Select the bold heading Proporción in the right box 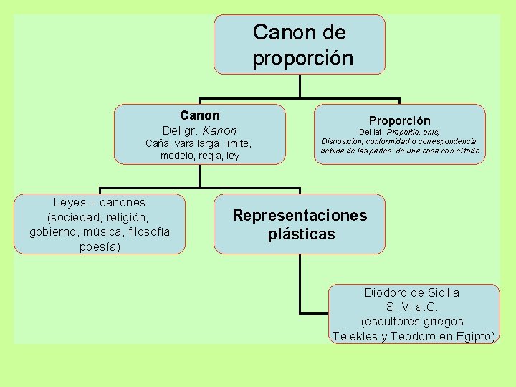(399, 121)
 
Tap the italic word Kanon (219, 130)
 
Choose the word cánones (121, 203)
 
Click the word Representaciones (300, 216)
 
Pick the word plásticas (301, 234)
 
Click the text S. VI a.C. (412, 307)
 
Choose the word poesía (100, 247)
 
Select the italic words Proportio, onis (412, 132)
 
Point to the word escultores (392, 322)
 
